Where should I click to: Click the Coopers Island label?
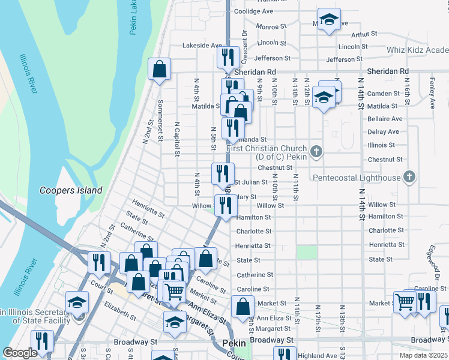(71, 190)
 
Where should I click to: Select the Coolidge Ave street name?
(253, 11)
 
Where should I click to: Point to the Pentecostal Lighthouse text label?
(356, 178)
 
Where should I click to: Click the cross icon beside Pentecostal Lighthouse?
(409, 176)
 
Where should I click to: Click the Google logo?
(19, 353)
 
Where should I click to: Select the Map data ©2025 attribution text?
(423, 355)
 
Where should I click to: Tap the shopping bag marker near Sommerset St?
(160, 70)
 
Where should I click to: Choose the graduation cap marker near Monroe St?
(329, 19)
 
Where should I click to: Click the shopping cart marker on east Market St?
(405, 302)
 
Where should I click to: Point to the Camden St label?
(383, 94)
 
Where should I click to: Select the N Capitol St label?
(177, 140)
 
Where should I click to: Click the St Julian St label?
(250, 182)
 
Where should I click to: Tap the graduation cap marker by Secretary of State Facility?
(77, 302)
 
